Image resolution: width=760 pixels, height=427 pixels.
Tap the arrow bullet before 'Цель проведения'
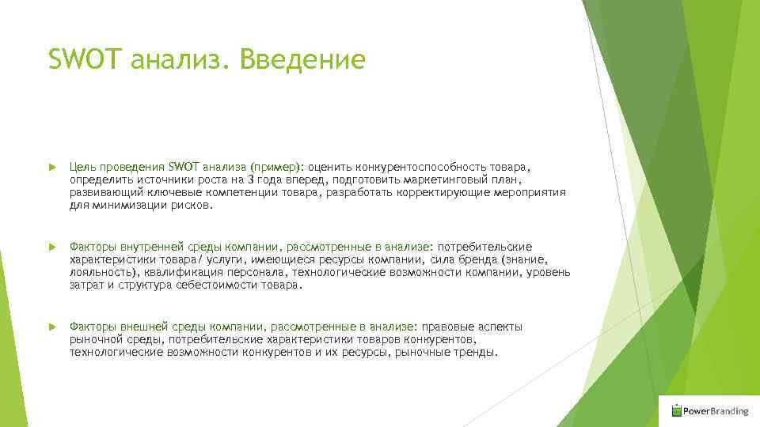(x=51, y=168)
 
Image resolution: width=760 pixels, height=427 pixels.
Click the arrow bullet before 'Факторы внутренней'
(x=51, y=248)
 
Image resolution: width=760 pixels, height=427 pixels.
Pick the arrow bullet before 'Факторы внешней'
(x=51, y=327)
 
